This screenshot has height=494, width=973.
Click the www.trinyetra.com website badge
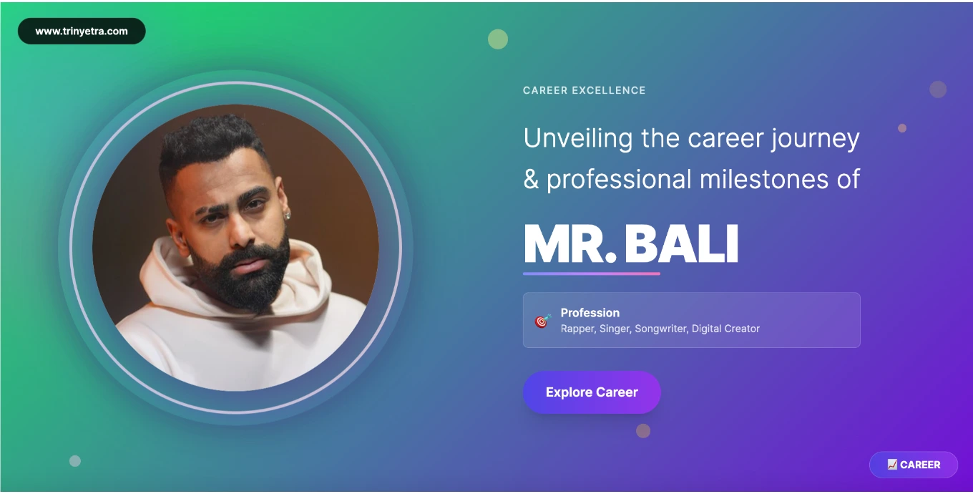point(82,31)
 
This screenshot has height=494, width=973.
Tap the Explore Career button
point(592,392)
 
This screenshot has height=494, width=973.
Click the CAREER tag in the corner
point(914,465)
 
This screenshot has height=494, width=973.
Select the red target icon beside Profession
point(542,321)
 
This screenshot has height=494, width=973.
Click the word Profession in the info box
point(590,313)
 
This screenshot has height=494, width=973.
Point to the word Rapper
point(578,329)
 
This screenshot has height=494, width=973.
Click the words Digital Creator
point(725,329)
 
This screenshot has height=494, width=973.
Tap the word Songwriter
point(662,329)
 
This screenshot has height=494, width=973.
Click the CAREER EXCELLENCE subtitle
point(585,90)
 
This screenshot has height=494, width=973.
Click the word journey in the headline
point(816,139)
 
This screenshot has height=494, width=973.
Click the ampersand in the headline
point(531,180)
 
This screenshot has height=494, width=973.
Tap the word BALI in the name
point(681,244)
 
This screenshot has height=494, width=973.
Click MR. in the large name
point(570,244)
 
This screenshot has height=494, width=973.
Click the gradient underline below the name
point(592,273)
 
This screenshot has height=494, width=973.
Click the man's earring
point(287,215)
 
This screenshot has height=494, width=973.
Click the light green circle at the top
point(498,39)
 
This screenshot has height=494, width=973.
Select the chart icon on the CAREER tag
point(892,465)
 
